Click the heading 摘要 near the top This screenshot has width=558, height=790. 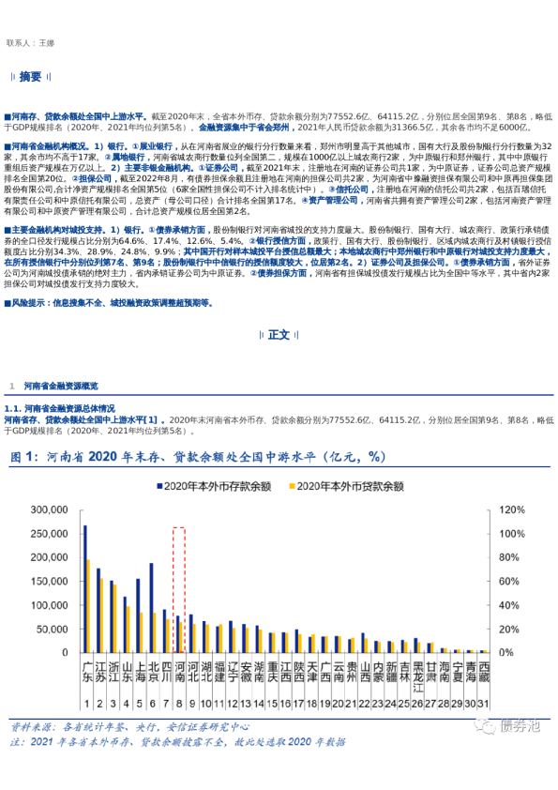(x=31, y=76)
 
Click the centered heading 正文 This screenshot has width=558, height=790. (x=279, y=335)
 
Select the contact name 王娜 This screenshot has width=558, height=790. (x=48, y=43)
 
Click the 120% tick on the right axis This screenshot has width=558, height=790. (x=511, y=510)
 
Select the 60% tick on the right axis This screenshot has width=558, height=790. (x=508, y=582)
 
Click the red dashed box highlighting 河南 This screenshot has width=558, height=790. (x=179, y=589)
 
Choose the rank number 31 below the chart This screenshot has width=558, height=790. (x=484, y=704)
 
